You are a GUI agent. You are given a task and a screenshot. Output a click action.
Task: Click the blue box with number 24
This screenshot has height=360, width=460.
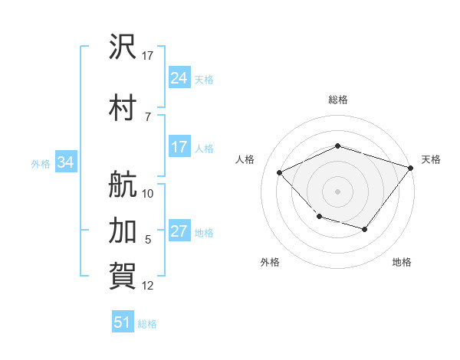click(x=179, y=77)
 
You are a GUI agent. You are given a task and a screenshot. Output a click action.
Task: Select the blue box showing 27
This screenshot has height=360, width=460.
click(x=179, y=232)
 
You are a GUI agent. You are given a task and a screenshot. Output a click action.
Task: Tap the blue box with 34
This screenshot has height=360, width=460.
click(x=66, y=162)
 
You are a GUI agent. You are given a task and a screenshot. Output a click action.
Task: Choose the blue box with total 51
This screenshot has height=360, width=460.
click(x=123, y=322)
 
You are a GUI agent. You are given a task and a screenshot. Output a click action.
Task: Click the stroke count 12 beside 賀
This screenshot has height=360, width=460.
click(x=148, y=286)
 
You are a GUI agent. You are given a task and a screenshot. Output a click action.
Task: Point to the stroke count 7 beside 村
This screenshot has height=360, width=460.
click(x=147, y=116)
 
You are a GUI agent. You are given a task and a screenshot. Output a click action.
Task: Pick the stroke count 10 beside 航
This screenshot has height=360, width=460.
click(x=148, y=194)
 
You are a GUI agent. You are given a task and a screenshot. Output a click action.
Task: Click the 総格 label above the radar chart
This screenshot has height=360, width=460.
click(x=337, y=100)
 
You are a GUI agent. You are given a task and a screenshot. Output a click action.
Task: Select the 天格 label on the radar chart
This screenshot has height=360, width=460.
click(x=431, y=159)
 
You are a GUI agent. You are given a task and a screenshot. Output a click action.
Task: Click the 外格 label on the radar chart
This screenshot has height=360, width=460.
click(x=270, y=262)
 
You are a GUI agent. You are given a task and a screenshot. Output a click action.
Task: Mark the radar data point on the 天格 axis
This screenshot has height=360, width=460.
click(x=411, y=167)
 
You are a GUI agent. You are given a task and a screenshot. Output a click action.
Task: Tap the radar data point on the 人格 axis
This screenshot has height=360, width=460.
click(x=280, y=173)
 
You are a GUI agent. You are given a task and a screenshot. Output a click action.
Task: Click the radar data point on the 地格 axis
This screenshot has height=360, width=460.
click(x=365, y=229)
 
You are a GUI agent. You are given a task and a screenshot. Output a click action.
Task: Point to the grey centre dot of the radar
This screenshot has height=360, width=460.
click(x=337, y=191)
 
